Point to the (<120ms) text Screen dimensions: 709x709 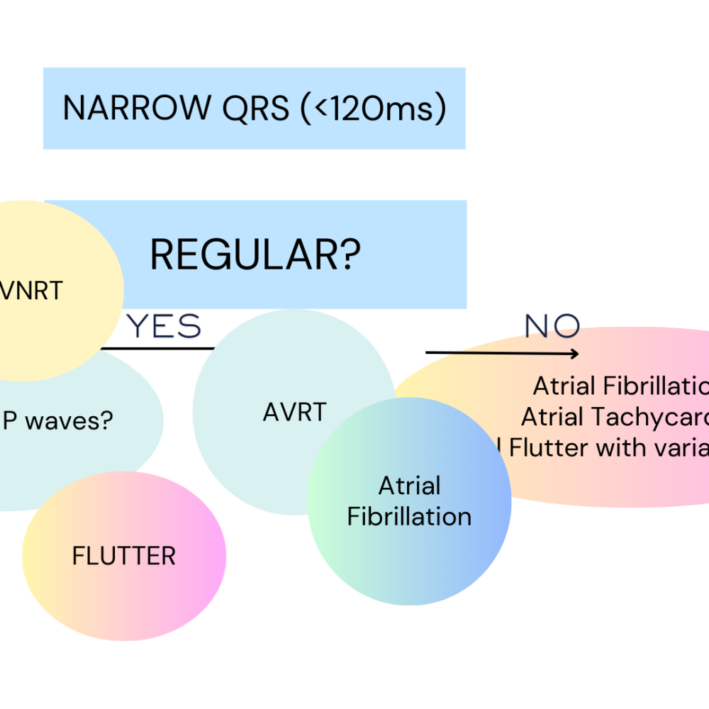373,108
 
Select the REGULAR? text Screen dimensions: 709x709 255,255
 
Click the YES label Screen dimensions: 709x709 164,327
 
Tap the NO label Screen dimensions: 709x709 552,326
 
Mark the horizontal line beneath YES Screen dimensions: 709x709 157,348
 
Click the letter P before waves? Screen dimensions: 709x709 10,421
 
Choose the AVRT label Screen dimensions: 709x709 294,412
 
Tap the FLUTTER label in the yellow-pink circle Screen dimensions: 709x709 124,556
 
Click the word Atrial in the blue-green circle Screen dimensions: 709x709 409,486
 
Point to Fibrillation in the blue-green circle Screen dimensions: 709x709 409,517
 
